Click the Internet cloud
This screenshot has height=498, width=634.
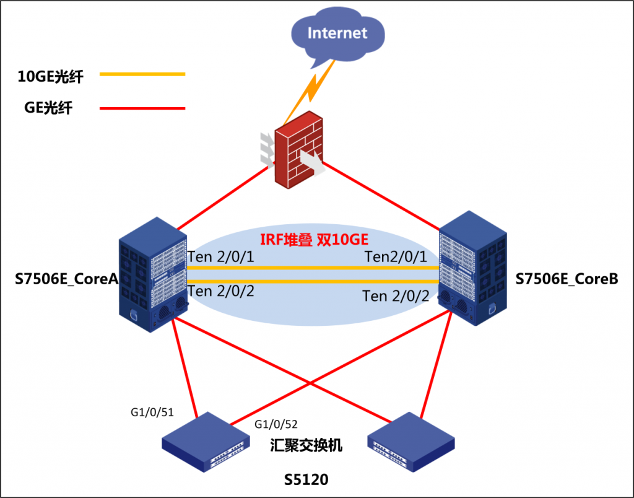pos(337,35)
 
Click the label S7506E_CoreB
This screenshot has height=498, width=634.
pos(567,279)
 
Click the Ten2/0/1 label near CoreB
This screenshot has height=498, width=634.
pos(397,256)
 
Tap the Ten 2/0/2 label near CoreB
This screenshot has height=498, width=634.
pos(396,296)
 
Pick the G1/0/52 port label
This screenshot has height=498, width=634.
pos(276,424)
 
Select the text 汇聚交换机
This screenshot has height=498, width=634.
pos(306,446)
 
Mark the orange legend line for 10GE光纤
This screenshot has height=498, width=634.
pos(142,74)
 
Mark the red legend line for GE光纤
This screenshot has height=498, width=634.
pos(142,108)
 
